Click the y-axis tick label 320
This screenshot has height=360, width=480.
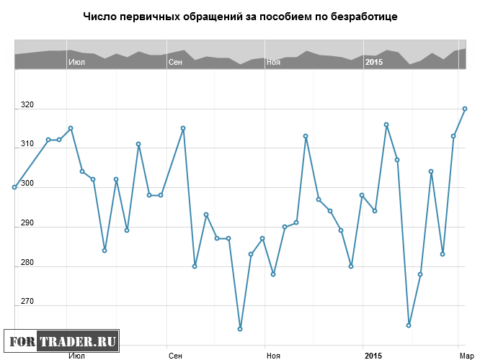pyautogui.click(x=27, y=106)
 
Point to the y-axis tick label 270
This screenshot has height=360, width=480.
pyautogui.click(x=27, y=301)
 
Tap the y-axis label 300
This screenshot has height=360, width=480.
pyautogui.click(x=27, y=184)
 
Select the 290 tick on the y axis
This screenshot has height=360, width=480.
pyautogui.click(x=27, y=223)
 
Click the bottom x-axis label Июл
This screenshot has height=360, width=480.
pyautogui.click(x=76, y=356)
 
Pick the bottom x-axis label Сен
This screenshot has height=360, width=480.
pyautogui.click(x=175, y=356)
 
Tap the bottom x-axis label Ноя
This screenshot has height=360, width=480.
pyautogui.click(x=273, y=356)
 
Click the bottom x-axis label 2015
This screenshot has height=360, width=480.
pyautogui.click(x=373, y=356)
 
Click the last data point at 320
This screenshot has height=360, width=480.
pyautogui.click(x=465, y=109)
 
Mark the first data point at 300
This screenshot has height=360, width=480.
pyautogui.click(x=14, y=187)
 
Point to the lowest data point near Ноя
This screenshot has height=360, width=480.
pyautogui.click(x=240, y=329)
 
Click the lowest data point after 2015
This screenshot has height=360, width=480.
pyautogui.click(x=409, y=325)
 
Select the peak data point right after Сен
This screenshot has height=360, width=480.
pyautogui.click(x=183, y=128)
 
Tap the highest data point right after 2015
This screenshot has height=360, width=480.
pyautogui.click(x=386, y=125)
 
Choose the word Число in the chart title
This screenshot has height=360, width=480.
pyautogui.click(x=99, y=16)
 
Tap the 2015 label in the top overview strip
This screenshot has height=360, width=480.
pyautogui.click(x=374, y=63)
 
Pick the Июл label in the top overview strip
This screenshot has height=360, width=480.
pyautogui.click(x=76, y=63)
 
